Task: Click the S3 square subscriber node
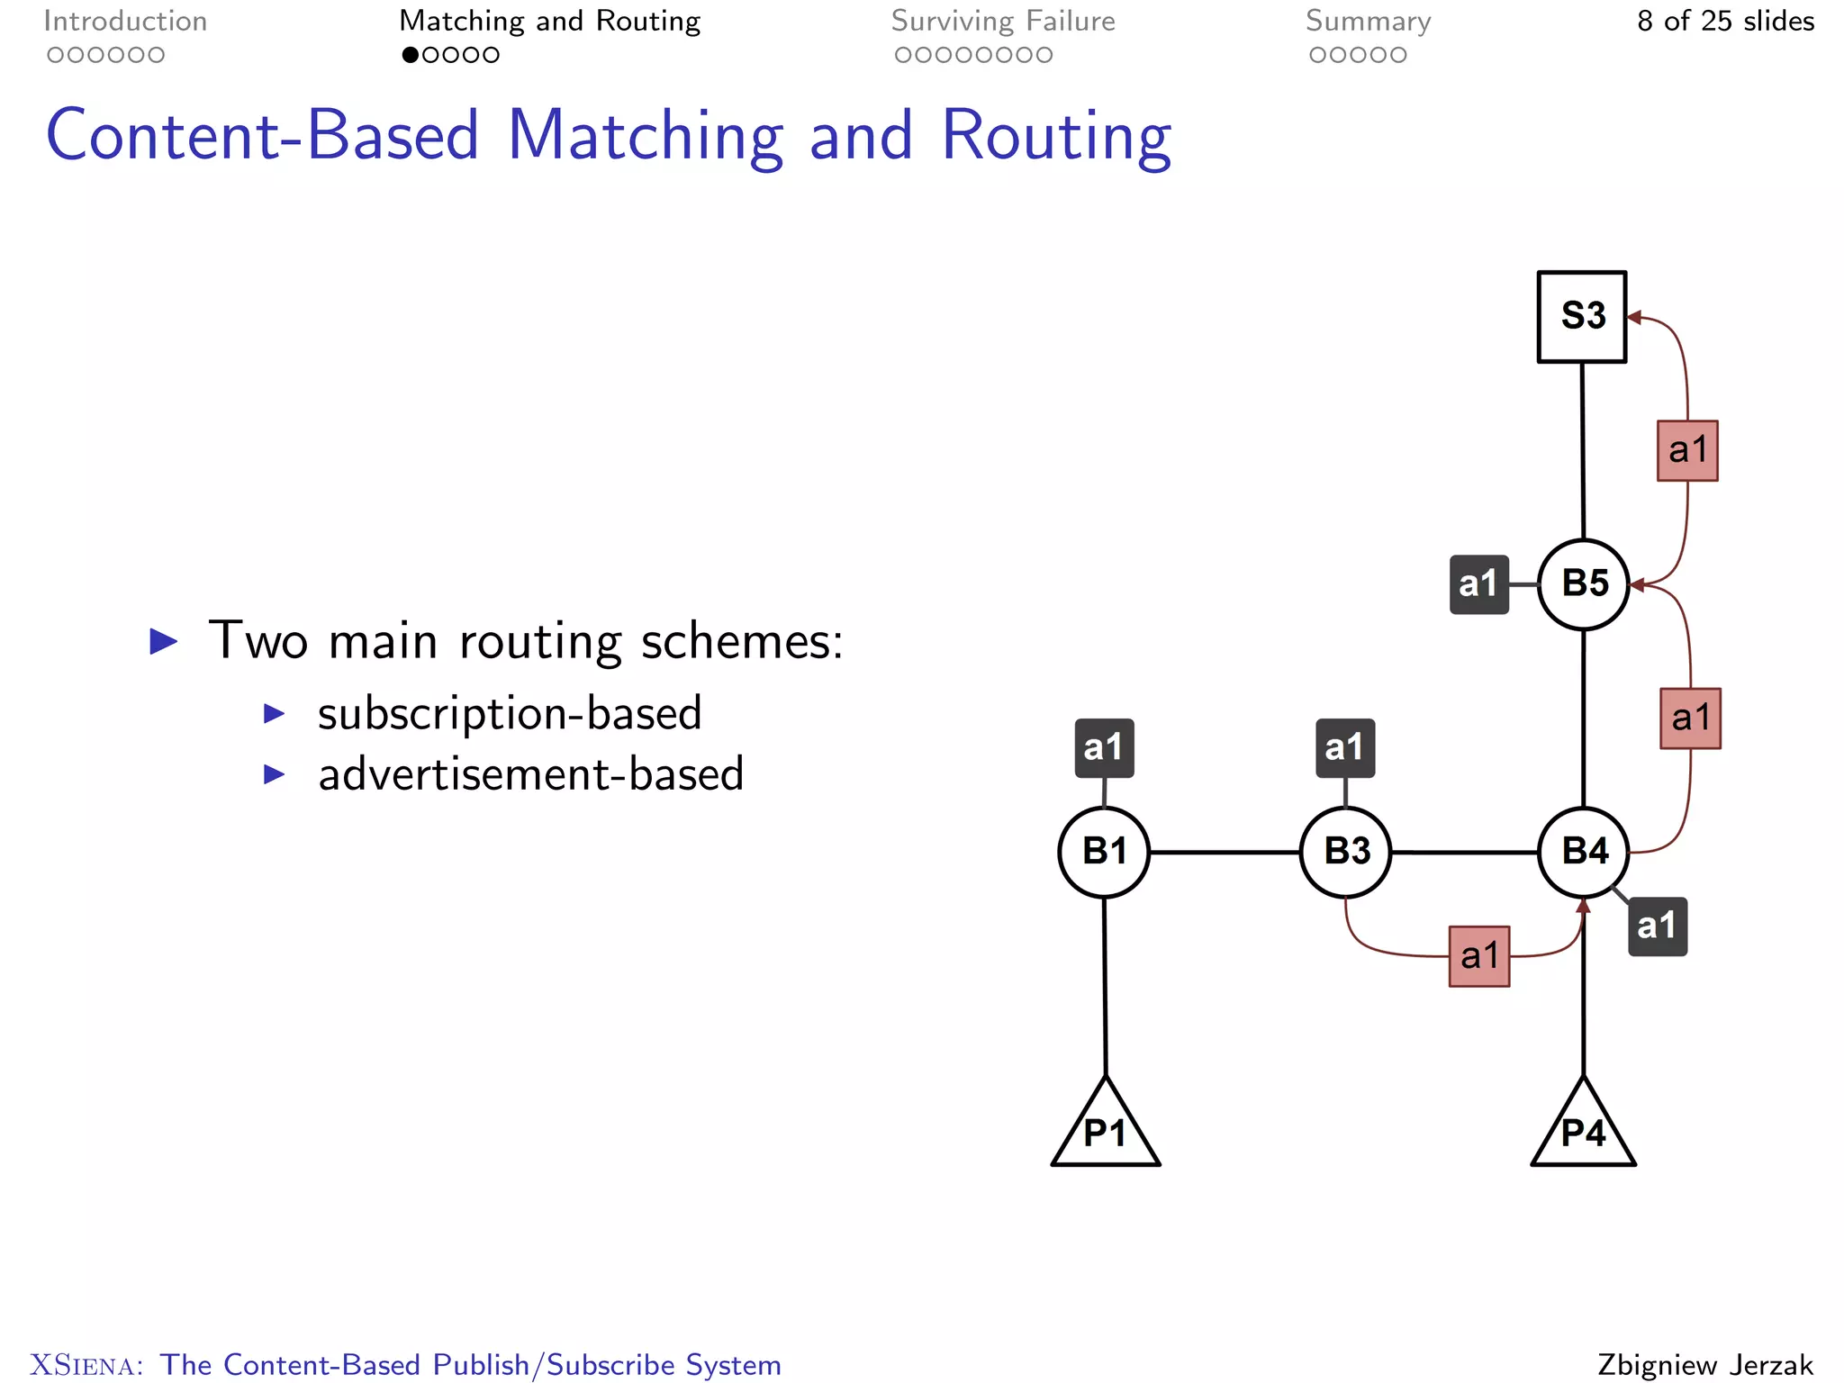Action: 1582,316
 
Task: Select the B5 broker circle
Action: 1584,583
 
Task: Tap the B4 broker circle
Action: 1584,851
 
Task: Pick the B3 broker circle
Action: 1346,851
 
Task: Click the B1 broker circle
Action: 1104,851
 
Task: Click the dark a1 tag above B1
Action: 1104,747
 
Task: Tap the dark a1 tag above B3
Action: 1345,747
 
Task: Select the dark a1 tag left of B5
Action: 1478,584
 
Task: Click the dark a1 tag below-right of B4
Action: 1657,926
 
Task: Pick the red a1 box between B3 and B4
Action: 1479,956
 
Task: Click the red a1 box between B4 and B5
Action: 1690,719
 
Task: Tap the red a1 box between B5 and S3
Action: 1687,450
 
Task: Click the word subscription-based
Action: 510,714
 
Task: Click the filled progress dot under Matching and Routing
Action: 410,55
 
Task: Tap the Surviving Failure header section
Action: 1002,22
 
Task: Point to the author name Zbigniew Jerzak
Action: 1705,1364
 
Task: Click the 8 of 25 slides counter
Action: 1724,21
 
